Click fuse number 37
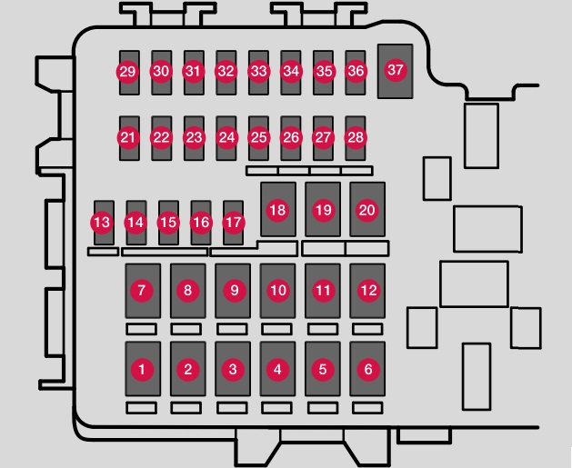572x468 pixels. [x=395, y=72]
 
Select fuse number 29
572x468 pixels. [x=129, y=73]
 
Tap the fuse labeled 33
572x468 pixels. [x=258, y=73]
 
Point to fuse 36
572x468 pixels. [x=356, y=73]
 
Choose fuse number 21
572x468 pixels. [x=129, y=138]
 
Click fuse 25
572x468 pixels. [x=258, y=138]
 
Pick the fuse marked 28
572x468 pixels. [x=356, y=138]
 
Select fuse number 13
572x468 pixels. [x=104, y=223]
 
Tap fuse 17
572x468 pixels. [x=233, y=223]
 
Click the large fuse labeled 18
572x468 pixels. [x=278, y=209]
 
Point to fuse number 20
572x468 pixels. [x=367, y=209]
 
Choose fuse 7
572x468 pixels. [x=143, y=291]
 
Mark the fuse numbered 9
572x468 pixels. [x=233, y=291]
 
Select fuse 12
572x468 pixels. [x=367, y=291]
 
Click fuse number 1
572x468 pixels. [x=143, y=369]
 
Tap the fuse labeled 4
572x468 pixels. [x=277, y=369]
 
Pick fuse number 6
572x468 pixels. [x=367, y=369]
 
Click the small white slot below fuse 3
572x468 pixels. [x=232, y=408]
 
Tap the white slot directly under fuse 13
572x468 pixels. [x=104, y=252]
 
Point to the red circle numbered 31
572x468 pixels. [x=194, y=71]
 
